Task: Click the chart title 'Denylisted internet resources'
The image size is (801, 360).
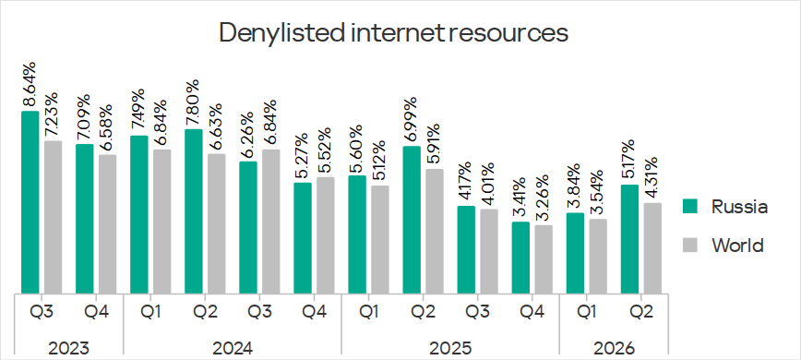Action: click(393, 33)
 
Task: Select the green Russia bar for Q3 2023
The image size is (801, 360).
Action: click(30, 203)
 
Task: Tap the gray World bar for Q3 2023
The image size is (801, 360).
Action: click(53, 218)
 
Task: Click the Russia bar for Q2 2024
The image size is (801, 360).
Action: click(194, 212)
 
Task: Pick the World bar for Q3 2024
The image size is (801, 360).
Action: click(270, 222)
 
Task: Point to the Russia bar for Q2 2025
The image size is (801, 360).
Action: click(412, 220)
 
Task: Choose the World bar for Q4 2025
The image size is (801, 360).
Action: click(544, 259)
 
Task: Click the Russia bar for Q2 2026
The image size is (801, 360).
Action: click(630, 239)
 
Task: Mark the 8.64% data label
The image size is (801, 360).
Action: click(30, 84)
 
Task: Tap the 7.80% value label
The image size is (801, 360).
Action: click(193, 102)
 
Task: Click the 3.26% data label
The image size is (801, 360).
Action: click(543, 198)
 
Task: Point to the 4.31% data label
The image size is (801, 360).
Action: click(652, 178)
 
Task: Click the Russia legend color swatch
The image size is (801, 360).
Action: click(690, 206)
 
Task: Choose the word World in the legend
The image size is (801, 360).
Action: click(737, 246)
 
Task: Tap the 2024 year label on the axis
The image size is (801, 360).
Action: click(233, 349)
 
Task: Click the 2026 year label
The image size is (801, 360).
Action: click(614, 349)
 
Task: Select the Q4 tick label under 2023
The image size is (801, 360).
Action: click(96, 311)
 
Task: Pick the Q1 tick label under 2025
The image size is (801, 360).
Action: click(368, 311)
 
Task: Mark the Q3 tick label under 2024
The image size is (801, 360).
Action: click(259, 311)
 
